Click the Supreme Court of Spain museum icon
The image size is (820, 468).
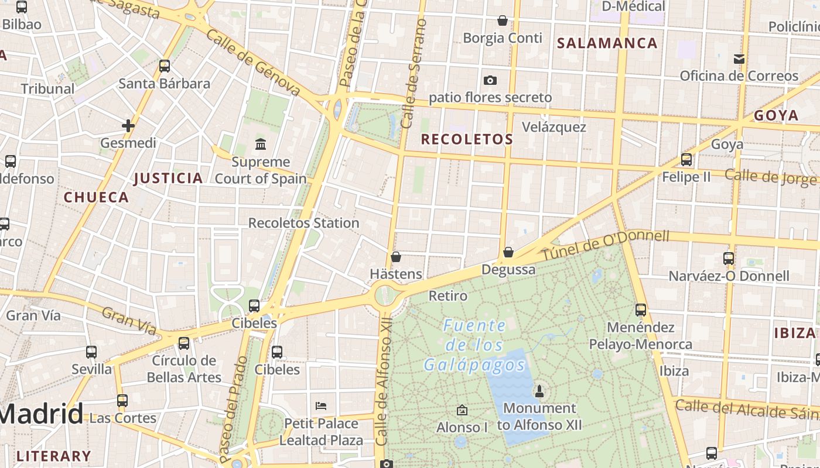click(x=260, y=144)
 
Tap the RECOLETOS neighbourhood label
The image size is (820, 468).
click(x=467, y=139)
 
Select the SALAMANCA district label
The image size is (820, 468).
click(x=607, y=43)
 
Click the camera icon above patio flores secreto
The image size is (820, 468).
click(x=490, y=80)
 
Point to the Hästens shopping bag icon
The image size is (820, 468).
click(x=396, y=257)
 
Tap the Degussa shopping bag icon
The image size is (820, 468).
click(x=508, y=252)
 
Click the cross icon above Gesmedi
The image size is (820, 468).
click(x=128, y=125)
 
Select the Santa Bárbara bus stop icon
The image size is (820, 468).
click(x=165, y=66)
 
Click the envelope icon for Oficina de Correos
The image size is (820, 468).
click(x=739, y=58)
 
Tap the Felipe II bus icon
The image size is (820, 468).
click(x=686, y=159)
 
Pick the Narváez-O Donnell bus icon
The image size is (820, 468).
click(x=729, y=258)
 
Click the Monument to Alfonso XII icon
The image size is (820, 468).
click(x=539, y=390)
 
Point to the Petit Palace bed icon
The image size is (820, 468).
click(x=320, y=405)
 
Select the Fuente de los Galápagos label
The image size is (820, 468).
click(x=474, y=345)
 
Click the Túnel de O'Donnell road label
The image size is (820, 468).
click(x=605, y=246)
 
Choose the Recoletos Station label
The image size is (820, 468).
click(x=303, y=223)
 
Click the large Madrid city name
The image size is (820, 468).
click(x=41, y=414)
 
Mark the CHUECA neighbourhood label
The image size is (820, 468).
click(x=96, y=197)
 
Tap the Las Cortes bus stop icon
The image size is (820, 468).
click(x=122, y=401)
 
